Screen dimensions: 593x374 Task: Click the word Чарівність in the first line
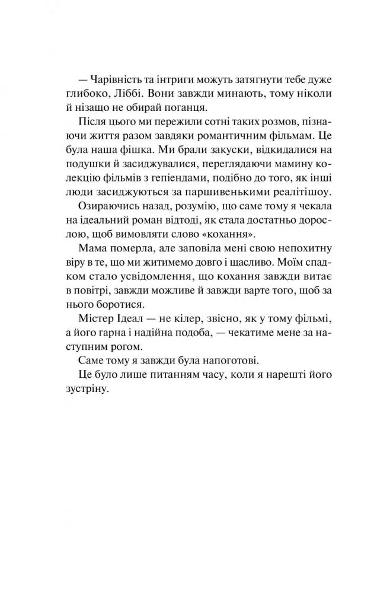coord(117,79)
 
